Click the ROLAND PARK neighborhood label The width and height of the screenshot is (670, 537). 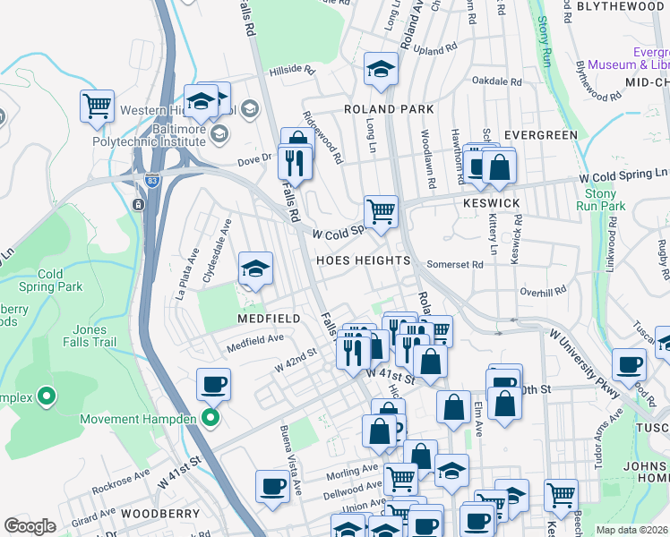coord(390,109)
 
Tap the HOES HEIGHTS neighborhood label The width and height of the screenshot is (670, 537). coord(362,260)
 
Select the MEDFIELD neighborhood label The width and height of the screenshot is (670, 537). coord(268,319)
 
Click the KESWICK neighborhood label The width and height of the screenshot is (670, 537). coord(492,203)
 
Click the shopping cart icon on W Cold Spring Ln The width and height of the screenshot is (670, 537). coord(381,212)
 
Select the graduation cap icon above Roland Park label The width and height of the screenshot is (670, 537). coord(381,68)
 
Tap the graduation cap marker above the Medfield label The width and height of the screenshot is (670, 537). coord(255,268)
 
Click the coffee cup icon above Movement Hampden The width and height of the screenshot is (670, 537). coord(214,385)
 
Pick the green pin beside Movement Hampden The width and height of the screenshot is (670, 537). coord(210,419)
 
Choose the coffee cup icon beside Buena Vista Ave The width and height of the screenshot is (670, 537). coord(272,486)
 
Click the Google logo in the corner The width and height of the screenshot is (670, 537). coord(30,526)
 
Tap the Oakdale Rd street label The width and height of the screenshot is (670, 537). coord(496,81)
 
